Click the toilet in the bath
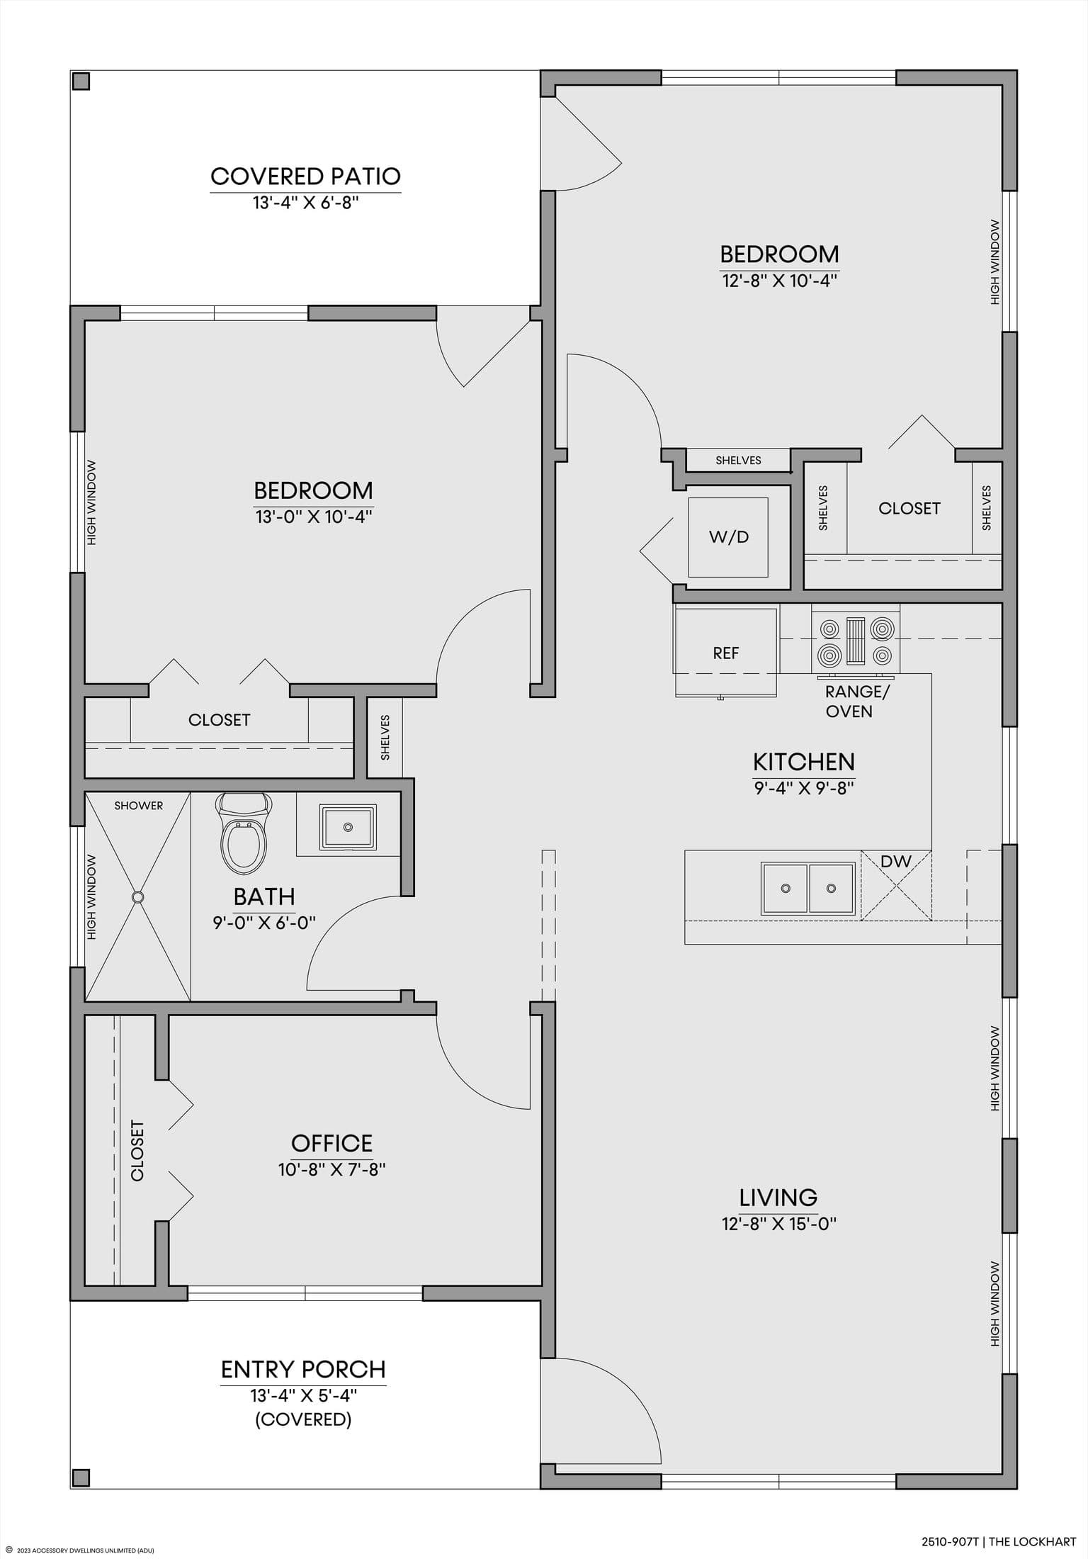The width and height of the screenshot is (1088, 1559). click(x=244, y=833)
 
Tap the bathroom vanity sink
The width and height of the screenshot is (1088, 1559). click(x=347, y=827)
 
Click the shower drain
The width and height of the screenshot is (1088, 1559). click(x=137, y=896)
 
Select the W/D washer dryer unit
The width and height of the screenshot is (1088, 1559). click(x=729, y=536)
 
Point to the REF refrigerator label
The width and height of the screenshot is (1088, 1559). click(x=726, y=653)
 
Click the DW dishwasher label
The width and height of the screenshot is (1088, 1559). click(x=896, y=862)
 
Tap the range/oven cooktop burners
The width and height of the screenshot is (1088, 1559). click(x=856, y=642)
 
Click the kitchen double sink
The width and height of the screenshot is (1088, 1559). click(x=807, y=888)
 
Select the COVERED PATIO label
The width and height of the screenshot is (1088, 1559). click(x=306, y=176)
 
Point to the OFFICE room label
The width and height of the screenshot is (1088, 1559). click(x=332, y=1143)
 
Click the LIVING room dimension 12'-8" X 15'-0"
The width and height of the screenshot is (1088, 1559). click(x=779, y=1224)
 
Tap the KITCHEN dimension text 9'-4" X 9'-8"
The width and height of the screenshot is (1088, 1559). click(x=804, y=787)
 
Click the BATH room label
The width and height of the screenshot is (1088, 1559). click(x=264, y=896)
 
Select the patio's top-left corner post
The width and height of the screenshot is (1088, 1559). click(x=81, y=81)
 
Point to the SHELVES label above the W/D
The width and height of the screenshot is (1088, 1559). click(x=738, y=461)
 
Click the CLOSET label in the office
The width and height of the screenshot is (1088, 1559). click(x=137, y=1150)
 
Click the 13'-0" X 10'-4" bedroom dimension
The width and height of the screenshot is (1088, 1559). click(x=314, y=517)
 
